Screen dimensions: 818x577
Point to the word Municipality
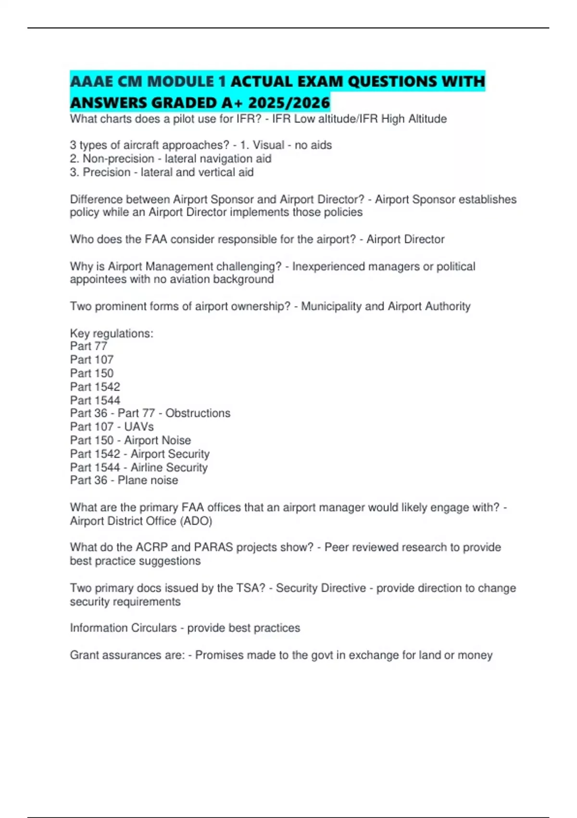tap(331, 307)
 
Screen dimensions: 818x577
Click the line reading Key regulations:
tap(112, 333)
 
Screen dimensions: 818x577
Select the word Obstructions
tap(198, 413)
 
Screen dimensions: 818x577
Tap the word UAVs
tap(139, 427)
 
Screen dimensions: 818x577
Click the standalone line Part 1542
tap(95, 387)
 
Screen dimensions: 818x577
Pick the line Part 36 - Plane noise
tap(124, 480)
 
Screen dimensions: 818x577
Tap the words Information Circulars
tap(123, 628)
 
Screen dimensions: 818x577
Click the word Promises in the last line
tap(218, 655)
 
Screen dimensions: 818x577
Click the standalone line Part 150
tap(91, 373)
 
